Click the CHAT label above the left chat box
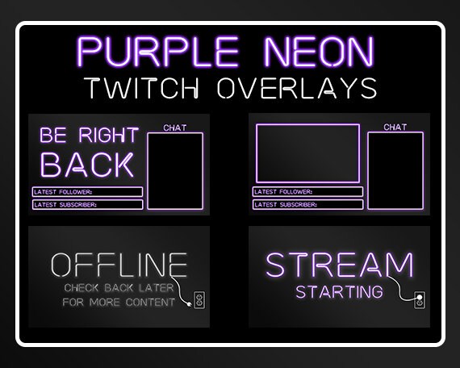click(x=174, y=128)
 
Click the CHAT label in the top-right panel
click(x=395, y=127)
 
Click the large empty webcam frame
click(x=307, y=153)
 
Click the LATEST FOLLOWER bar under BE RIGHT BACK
click(x=88, y=192)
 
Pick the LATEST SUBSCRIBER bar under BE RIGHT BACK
click(x=88, y=205)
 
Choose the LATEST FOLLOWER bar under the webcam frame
click(x=307, y=192)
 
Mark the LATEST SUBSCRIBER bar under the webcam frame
click(x=307, y=205)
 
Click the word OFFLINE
click(x=119, y=265)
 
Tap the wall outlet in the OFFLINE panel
click(x=199, y=301)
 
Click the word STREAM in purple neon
click(x=339, y=265)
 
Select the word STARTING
click(x=339, y=291)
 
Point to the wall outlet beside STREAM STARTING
click(x=418, y=301)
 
